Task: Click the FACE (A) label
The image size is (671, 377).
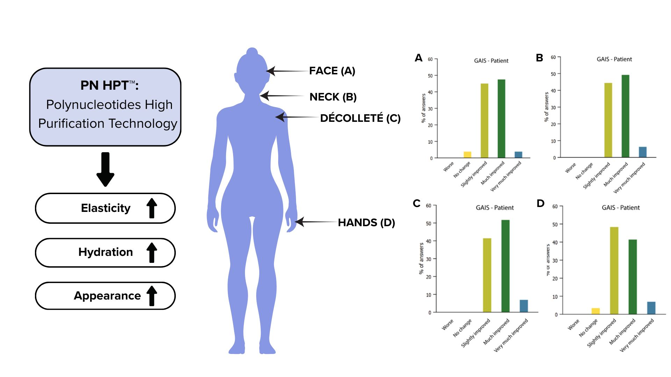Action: [332, 71]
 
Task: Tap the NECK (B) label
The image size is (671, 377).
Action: [333, 97]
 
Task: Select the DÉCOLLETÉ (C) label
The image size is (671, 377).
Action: [360, 118]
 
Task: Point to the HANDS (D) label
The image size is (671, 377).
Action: [366, 223]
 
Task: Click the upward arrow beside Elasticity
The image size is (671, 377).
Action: [152, 208]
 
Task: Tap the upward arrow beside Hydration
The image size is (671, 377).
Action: [152, 252]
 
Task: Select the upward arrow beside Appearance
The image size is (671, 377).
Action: [152, 296]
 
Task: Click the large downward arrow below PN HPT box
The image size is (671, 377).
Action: [105, 169]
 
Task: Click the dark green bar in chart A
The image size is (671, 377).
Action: [501, 119]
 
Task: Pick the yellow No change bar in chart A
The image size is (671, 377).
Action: [467, 155]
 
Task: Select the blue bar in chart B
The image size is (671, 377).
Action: [642, 152]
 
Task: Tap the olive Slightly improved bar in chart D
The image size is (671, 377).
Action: [614, 271]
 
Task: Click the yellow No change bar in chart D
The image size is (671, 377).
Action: [596, 311]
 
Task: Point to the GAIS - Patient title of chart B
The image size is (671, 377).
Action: [614, 59]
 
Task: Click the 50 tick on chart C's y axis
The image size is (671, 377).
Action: [428, 223]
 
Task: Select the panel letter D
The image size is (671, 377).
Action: [540, 204]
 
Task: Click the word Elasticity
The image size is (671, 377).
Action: [106, 208]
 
